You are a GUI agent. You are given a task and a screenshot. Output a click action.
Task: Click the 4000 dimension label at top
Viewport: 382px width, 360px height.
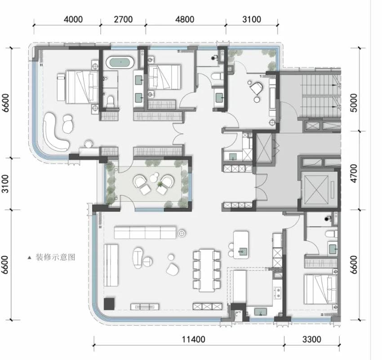tap(73, 19)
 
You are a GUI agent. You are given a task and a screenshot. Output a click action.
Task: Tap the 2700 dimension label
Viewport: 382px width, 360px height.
tap(123, 19)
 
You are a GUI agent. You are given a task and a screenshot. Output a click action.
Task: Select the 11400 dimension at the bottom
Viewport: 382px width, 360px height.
tap(194, 339)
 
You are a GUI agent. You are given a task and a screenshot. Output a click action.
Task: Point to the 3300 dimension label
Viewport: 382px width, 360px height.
tap(311, 339)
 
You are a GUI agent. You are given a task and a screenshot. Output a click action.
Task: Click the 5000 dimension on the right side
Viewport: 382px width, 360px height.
tap(354, 103)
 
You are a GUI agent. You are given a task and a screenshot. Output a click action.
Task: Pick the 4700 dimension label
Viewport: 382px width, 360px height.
tap(354, 173)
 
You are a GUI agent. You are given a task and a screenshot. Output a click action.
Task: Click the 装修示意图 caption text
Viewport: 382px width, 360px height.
tap(56, 257)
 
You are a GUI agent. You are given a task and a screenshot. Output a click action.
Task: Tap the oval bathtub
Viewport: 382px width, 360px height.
tap(120, 62)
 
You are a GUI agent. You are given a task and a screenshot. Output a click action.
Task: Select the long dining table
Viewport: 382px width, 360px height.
tap(207, 270)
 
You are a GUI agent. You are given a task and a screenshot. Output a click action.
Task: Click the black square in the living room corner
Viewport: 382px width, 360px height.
tap(109, 304)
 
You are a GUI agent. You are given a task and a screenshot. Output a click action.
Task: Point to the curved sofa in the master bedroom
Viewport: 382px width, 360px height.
tap(55, 132)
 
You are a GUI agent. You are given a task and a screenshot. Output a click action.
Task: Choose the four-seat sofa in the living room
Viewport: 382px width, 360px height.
tap(145, 233)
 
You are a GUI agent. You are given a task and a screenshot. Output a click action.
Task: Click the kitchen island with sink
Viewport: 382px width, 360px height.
tap(241, 245)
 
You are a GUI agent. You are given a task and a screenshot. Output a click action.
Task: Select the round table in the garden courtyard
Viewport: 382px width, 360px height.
tap(155, 177)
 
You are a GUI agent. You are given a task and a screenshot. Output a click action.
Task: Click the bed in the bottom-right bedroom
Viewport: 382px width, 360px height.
tap(320, 289)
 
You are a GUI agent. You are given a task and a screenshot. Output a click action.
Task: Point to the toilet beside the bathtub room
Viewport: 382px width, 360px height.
tap(111, 102)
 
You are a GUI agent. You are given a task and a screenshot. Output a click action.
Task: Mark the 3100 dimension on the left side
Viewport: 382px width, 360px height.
tap(5, 184)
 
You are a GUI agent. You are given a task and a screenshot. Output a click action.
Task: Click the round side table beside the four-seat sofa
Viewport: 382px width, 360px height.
tap(181, 234)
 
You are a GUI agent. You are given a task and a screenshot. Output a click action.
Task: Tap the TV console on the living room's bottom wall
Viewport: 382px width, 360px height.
tap(145, 307)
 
